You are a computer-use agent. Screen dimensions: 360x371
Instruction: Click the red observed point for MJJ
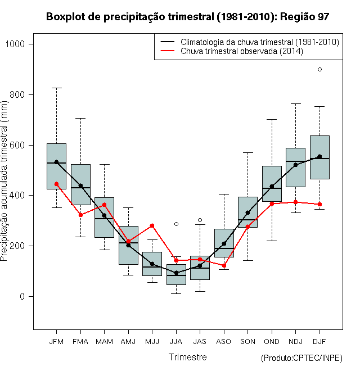click(x=152, y=226)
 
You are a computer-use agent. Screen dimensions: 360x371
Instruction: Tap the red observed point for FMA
click(x=80, y=215)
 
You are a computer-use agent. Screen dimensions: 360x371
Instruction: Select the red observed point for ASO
click(x=224, y=266)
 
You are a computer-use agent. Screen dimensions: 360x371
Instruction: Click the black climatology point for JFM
click(x=56, y=162)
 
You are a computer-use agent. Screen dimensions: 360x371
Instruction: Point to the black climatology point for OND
click(x=272, y=187)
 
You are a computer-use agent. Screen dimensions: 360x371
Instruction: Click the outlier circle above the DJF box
click(x=319, y=69)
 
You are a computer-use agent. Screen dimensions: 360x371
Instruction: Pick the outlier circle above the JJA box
click(x=176, y=224)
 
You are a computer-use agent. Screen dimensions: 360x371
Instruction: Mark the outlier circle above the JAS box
click(x=200, y=220)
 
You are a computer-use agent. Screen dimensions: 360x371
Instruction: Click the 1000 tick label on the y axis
click(x=15, y=44)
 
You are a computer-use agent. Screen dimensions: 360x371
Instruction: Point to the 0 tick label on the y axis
click(x=22, y=296)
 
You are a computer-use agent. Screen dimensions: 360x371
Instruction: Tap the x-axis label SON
click(x=247, y=342)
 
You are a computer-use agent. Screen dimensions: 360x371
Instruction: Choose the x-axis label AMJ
click(x=128, y=342)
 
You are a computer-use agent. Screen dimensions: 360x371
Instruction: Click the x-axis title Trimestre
click(x=187, y=357)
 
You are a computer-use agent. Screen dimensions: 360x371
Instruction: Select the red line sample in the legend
click(x=168, y=51)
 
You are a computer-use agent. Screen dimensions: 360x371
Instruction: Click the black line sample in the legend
click(x=168, y=42)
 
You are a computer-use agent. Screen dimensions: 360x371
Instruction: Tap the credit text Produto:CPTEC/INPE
click(x=301, y=358)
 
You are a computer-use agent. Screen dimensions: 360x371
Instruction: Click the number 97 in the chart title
click(x=323, y=17)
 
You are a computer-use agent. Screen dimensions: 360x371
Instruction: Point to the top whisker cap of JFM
click(x=56, y=88)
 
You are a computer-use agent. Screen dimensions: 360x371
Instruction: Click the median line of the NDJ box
click(x=295, y=161)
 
